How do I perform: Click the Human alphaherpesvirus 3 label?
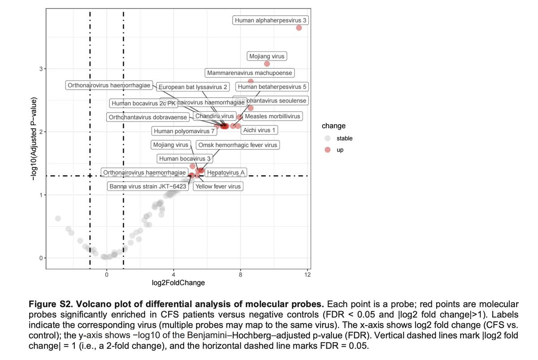[271, 20]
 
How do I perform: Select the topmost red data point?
[299, 28]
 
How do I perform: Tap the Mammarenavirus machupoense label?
[250, 73]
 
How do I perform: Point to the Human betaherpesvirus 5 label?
[272, 87]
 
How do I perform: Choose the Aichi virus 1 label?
[260, 130]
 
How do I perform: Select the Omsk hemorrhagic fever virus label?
[238, 145]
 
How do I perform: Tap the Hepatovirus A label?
[226, 172]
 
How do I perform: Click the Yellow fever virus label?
[218, 186]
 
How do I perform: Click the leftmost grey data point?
[58, 218]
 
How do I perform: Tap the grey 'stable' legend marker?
[328, 139]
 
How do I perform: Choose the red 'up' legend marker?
[328, 150]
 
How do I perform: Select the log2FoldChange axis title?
[178, 283]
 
